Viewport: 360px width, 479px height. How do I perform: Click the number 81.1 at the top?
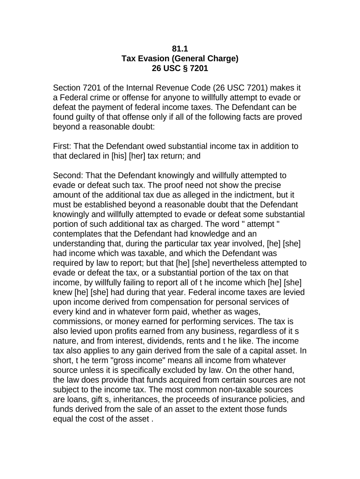(180, 48)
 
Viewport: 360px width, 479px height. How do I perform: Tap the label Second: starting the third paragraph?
(70, 175)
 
